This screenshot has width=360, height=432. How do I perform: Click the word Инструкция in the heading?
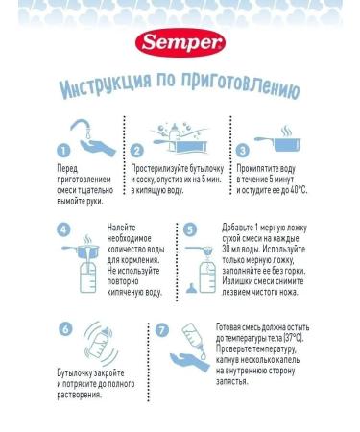click(x=104, y=89)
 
